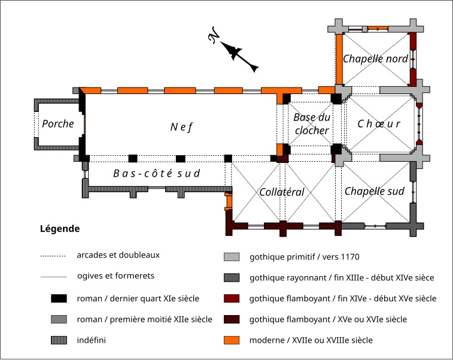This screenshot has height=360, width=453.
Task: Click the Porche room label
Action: [58, 124]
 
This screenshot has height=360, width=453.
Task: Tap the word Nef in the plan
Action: [181, 126]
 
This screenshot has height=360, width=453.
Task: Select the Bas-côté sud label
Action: [156, 173]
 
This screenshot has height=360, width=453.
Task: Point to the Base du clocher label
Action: [312, 124]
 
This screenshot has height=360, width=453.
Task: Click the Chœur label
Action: [378, 124]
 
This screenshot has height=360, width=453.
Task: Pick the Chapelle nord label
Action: [375, 59]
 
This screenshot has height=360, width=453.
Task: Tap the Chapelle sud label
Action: [374, 191]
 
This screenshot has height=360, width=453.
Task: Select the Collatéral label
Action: [282, 192]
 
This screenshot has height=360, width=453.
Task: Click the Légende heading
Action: [59, 229]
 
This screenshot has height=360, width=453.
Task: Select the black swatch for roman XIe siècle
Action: [58, 298]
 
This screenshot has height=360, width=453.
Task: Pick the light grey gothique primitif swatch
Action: [232, 258]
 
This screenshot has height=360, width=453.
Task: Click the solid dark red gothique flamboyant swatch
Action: [232, 298]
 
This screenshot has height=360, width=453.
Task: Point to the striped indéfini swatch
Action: [58, 340]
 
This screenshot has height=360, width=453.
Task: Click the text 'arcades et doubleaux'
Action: [118, 255]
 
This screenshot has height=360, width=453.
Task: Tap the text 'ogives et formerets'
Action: [115, 276]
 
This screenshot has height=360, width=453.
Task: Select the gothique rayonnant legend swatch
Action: [232, 278]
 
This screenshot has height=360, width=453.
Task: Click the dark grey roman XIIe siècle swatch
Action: [58, 319]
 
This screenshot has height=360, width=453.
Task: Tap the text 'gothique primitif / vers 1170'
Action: [304, 258]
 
